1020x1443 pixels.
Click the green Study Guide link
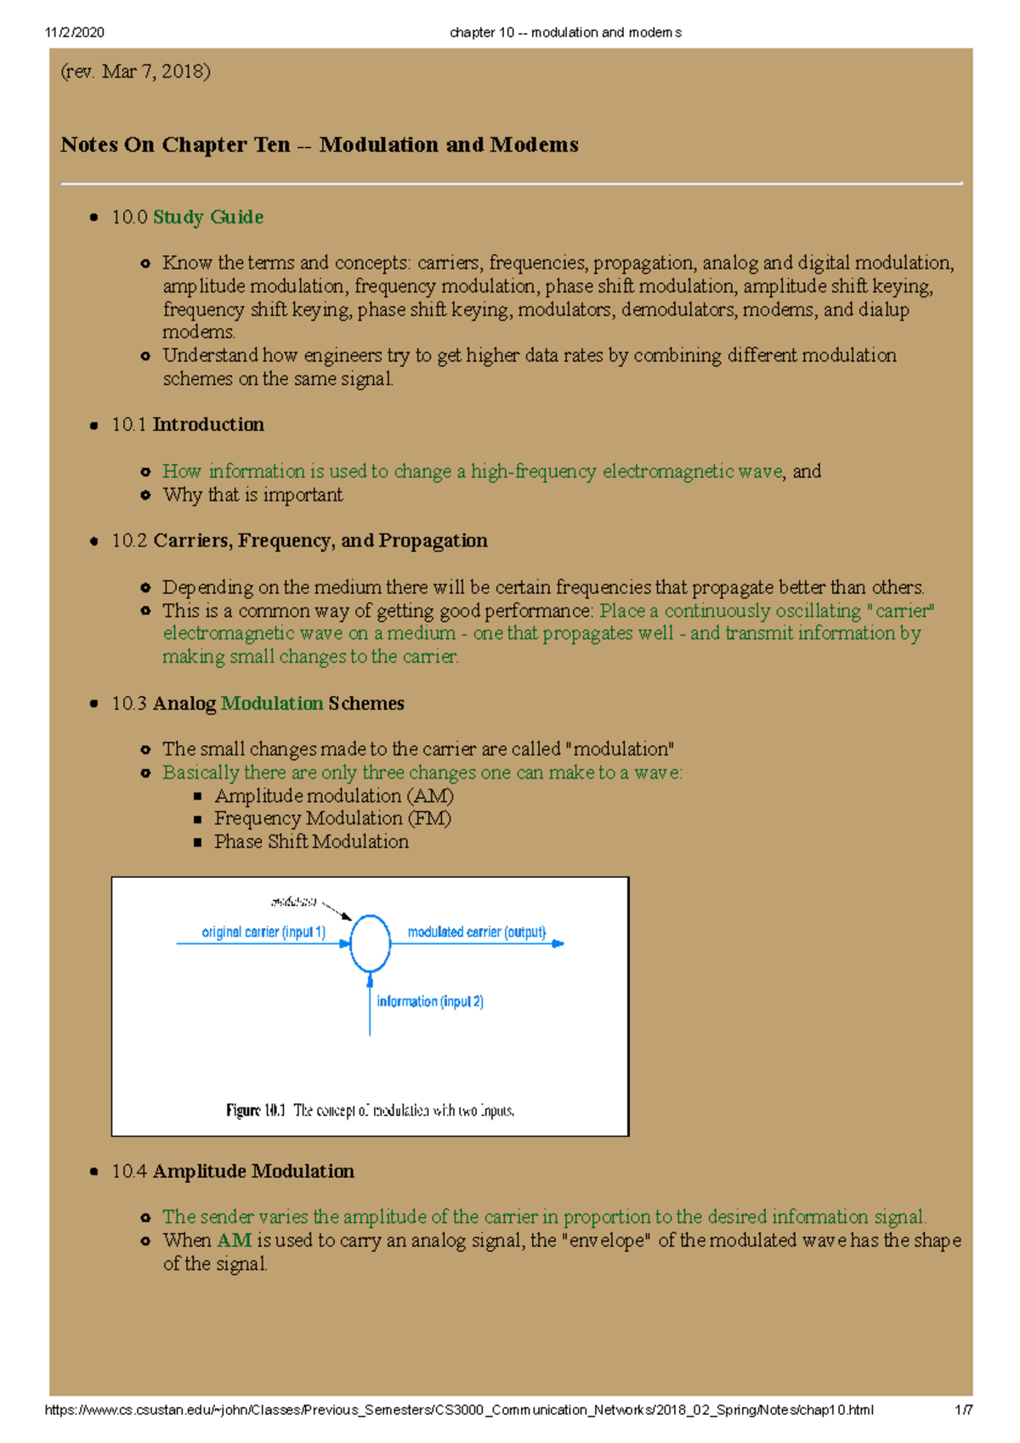(x=207, y=218)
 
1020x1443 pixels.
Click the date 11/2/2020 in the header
(x=75, y=32)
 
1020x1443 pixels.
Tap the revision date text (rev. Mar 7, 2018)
(x=135, y=71)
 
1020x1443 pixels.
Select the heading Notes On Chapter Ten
(x=319, y=145)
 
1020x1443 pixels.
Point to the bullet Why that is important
(x=252, y=495)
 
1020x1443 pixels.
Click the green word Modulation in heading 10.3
(x=272, y=704)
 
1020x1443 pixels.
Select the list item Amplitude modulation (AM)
(x=333, y=796)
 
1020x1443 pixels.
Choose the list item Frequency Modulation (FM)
(x=332, y=818)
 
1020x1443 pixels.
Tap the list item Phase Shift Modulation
(x=311, y=841)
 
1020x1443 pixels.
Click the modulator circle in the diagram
(x=370, y=943)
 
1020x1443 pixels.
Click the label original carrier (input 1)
(x=263, y=932)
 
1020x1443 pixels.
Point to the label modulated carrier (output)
(x=476, y=932)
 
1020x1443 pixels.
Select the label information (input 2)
(x=430, y=1002)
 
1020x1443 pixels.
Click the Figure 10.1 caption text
(x=370, y=1111)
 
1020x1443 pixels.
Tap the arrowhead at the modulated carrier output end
(x=558, y=943)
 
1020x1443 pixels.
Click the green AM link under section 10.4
(x=234, y=1241)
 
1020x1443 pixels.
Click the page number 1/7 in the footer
(x=963, y=1410)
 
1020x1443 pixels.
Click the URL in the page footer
(x=458, y=1410)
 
